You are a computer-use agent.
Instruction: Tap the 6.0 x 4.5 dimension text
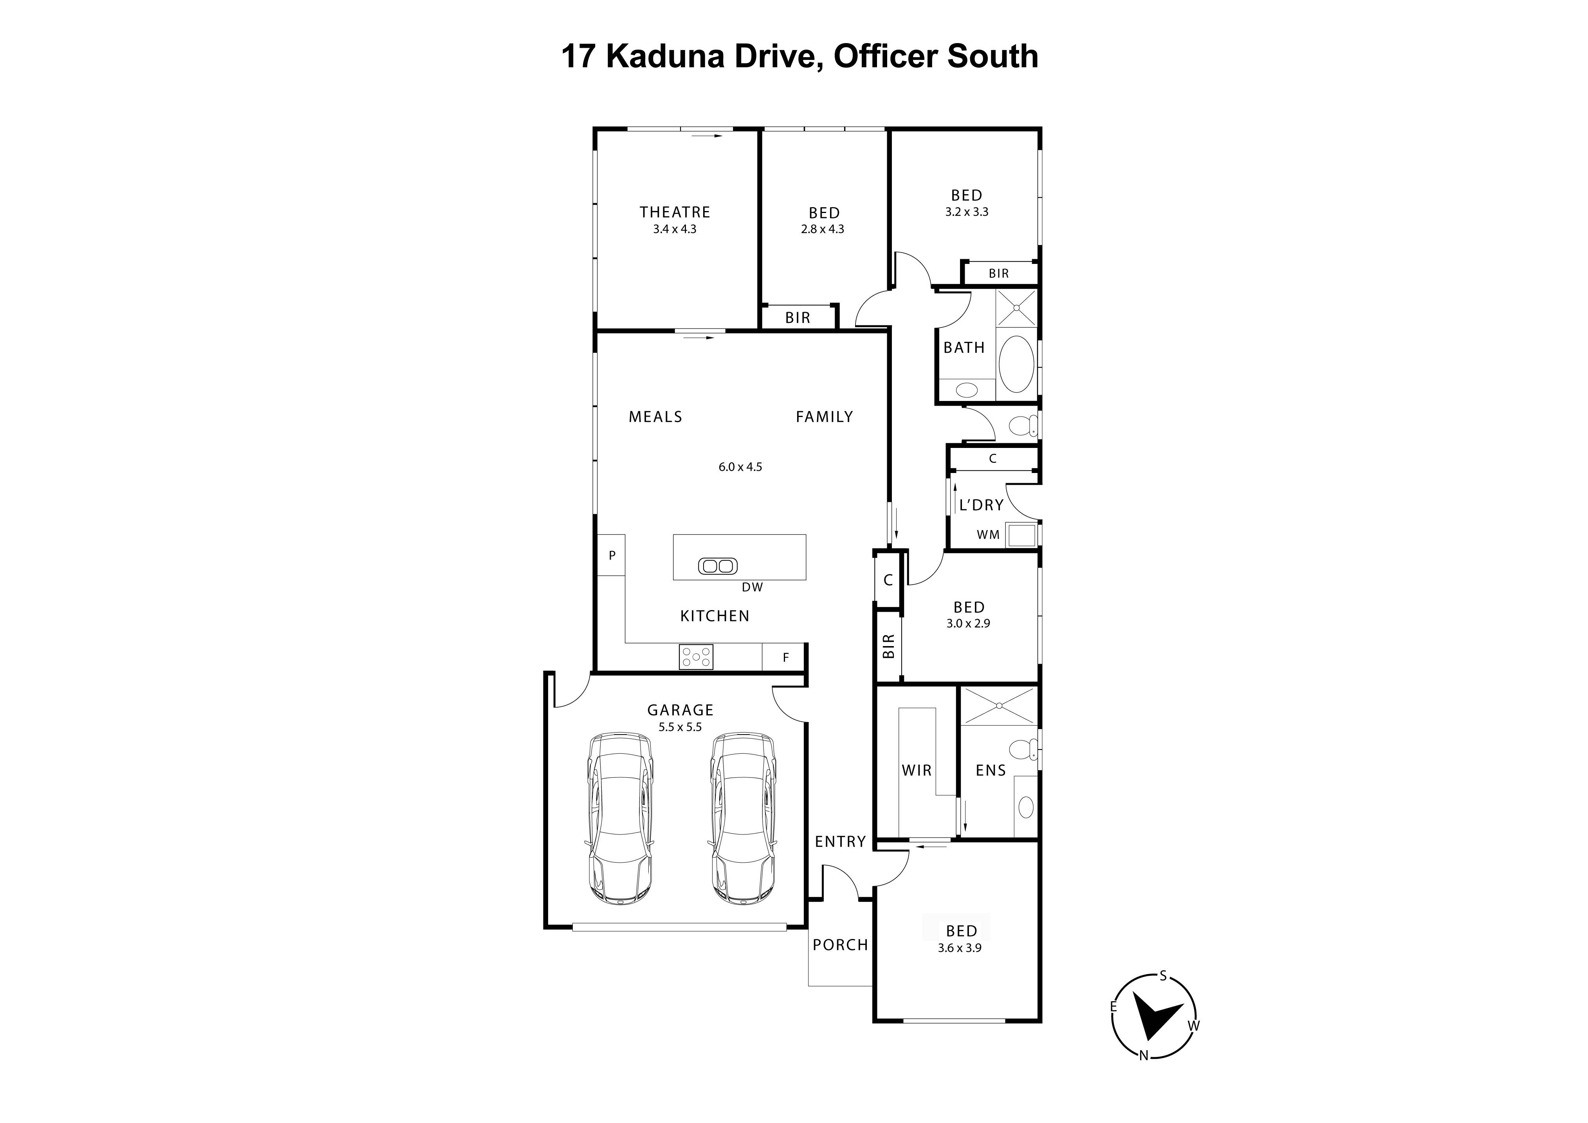click(x=740, y=467)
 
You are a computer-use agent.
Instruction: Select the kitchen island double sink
click(x=718, y=566)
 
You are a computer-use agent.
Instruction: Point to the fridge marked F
click(x=785, y=657)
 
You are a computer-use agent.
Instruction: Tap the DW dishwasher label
click(x=752, y=587)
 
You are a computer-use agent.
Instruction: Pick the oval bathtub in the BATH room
click(x=1016, y=365)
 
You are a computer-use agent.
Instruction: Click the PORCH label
click(x=840, y=944)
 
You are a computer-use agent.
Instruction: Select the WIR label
click(x=917, y=770)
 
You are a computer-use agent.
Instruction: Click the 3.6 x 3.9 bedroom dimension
click(x=959, y=948)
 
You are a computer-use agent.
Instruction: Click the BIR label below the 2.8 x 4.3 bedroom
click(x=798, y=318)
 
